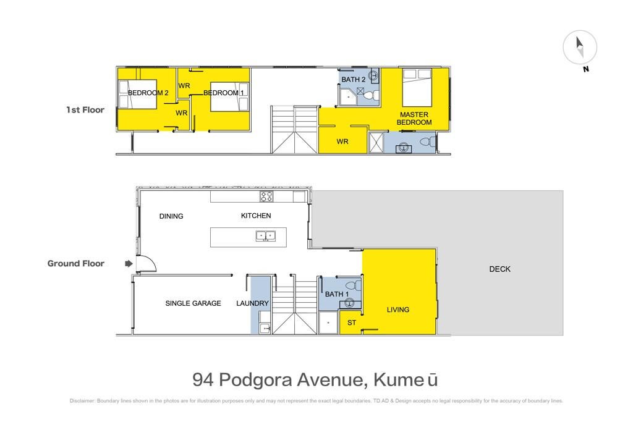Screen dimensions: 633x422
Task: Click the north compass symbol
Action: click(580, 47)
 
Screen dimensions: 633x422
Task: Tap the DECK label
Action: click(499, 269)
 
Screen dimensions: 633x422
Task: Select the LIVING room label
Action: click(398, 310)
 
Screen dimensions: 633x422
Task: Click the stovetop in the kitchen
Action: click(266, 196)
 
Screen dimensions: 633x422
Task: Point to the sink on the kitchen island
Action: click(266, 236)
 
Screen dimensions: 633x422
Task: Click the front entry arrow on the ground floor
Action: click(129, 263)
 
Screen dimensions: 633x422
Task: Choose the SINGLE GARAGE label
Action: click(193, 303)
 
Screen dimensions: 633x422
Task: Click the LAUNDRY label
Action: click(252, 303)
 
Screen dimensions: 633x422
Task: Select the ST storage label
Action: click(352, 323)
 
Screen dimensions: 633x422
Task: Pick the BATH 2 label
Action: click(353, 80)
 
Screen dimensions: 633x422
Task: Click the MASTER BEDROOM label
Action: click(414, 119)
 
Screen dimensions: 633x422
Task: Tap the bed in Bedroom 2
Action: click(138, 95)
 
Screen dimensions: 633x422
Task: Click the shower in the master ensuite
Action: click(376, 142)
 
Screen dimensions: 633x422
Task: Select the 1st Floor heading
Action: click(85, 110)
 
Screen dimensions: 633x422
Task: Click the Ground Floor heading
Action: click(76, 263)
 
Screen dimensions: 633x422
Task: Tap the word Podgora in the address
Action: click(255, 380)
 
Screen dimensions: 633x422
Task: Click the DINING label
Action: click(171, 216)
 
